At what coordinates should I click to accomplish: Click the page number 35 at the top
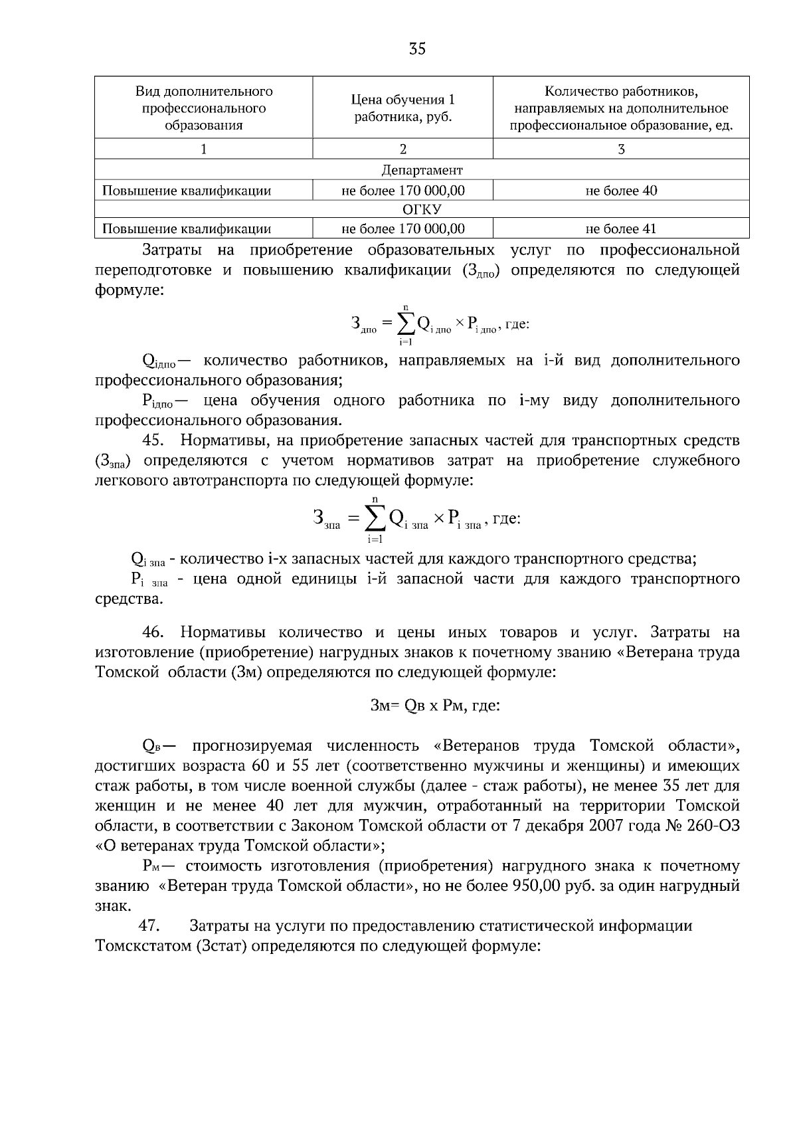pos(417,48)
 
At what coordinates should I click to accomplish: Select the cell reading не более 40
pos(621,191)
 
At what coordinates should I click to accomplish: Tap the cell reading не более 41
pos(621,229)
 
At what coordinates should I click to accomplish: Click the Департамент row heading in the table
pos(422,170)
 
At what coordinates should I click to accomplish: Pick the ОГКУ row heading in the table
pos(422,210)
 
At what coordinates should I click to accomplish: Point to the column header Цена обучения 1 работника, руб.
pos(402,108)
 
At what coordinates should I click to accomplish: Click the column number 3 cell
pos(621,149)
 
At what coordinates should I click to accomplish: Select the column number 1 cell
pos(203,149)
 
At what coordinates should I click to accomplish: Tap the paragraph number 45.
pos(153,440)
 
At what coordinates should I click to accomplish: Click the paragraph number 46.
pos(153,632)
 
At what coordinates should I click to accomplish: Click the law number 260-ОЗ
pos(713,826)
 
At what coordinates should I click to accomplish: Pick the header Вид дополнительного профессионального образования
pos(203,108)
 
